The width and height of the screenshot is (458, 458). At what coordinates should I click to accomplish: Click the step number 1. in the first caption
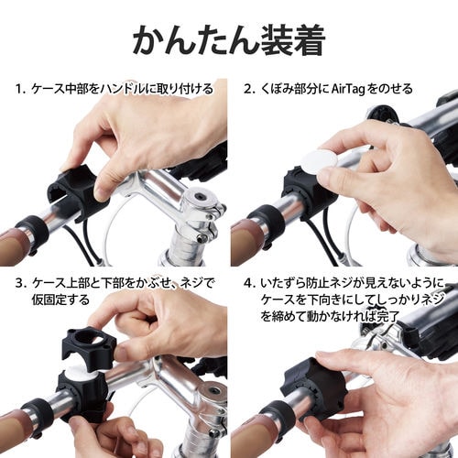coord(20,89)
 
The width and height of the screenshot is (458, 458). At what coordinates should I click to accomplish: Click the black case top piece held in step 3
coord(87,347)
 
